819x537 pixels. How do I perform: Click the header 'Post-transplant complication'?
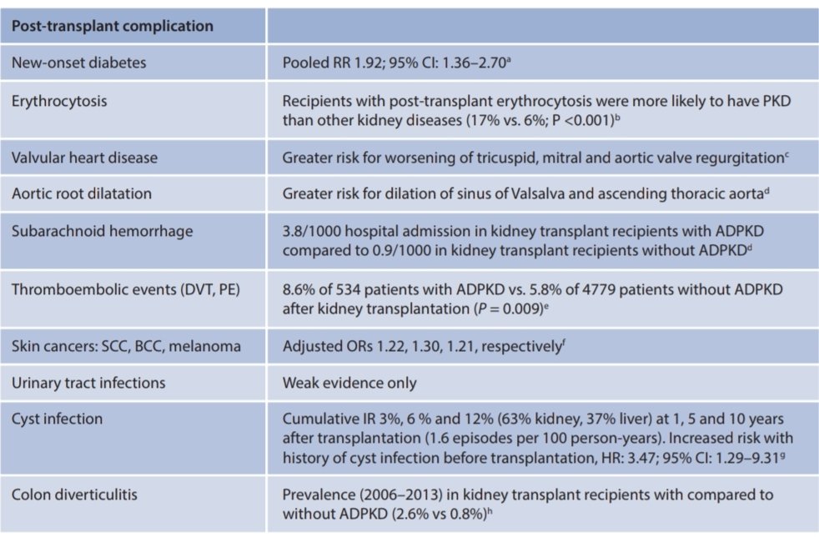point(113,26)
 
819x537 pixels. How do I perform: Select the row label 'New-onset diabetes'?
point(70,62)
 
